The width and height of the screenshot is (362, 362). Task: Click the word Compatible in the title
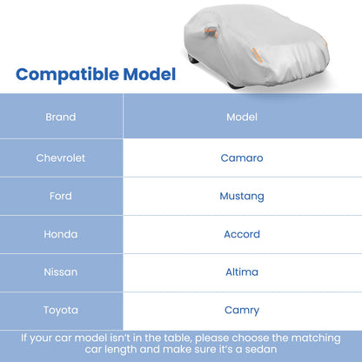(x=66, y=74)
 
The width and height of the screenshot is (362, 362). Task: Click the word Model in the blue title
(x=146, y=74)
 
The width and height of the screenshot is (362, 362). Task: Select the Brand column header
(x=61, y=117)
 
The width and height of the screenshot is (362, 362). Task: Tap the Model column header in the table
(x=241, y=117)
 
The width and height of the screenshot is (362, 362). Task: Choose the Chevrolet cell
(x=61, y=158)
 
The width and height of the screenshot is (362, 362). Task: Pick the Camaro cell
(x=241, y=158)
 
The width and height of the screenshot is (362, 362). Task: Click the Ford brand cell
(x=61, y=196)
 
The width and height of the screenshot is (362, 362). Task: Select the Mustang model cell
(x=241, y=196)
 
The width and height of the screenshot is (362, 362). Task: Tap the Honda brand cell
(x=61, y=234)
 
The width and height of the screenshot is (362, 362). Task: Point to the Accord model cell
(x=241, y=234)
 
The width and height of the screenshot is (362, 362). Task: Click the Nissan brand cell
(x=61, y=271)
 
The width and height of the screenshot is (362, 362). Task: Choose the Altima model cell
(x=241, y=271)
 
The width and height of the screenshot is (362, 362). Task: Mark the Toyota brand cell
(x=61, y=310)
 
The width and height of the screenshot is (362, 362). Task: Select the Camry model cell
(x=241, y=310)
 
